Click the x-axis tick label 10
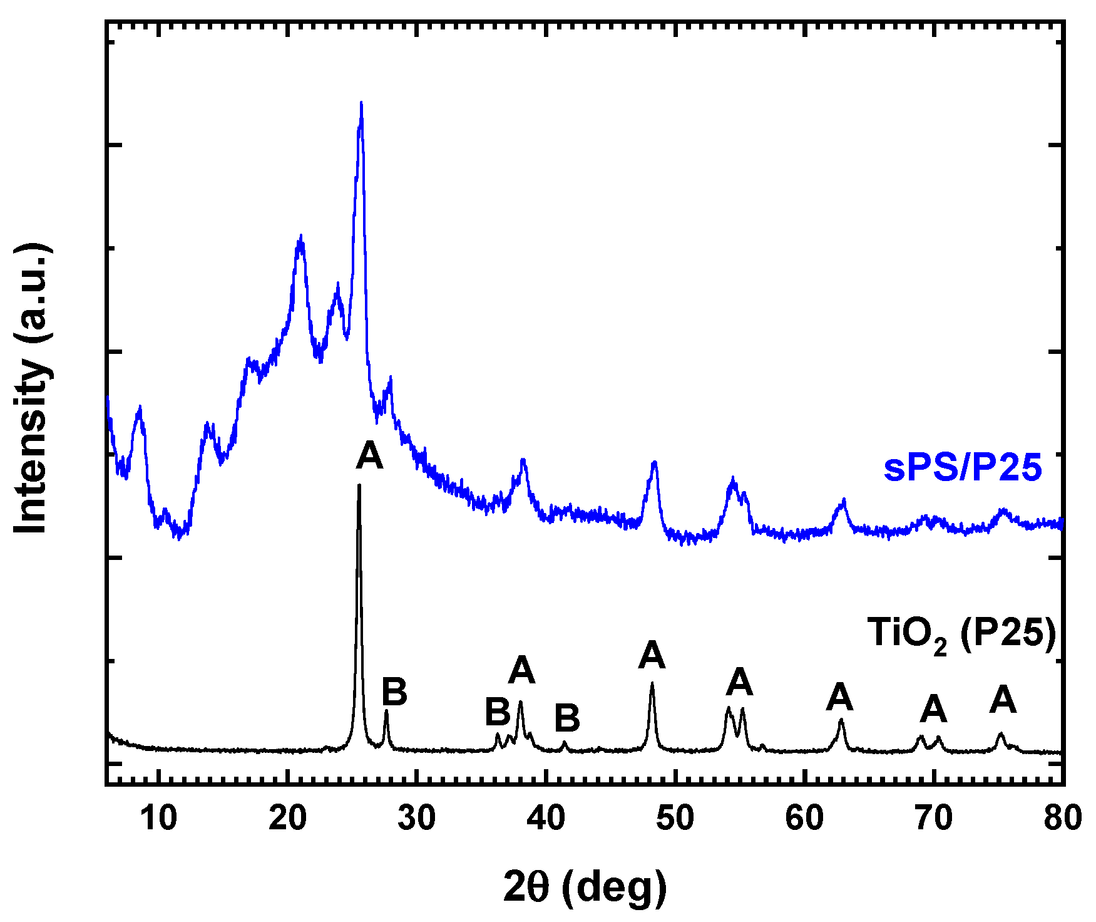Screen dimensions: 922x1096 point(158,818)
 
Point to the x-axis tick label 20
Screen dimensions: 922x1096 point(287,818)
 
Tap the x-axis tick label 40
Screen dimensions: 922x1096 point(546,818)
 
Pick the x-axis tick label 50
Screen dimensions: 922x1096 point(675,818)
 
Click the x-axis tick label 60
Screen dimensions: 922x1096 point(804,818)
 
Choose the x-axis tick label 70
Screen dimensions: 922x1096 point(933,818)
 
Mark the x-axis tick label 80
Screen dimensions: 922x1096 point(1062,818)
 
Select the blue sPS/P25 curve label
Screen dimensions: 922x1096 point(963,468)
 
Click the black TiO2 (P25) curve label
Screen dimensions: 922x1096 point(961,634)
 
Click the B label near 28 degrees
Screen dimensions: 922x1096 point(394,692)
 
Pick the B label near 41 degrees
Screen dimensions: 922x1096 point(567,718)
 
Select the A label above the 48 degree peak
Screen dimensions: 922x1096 point(652,655)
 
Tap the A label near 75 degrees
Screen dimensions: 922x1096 point(1003,700)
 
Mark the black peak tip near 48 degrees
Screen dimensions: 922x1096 point(652,683)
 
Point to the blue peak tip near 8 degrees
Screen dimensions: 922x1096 point(139,407)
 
